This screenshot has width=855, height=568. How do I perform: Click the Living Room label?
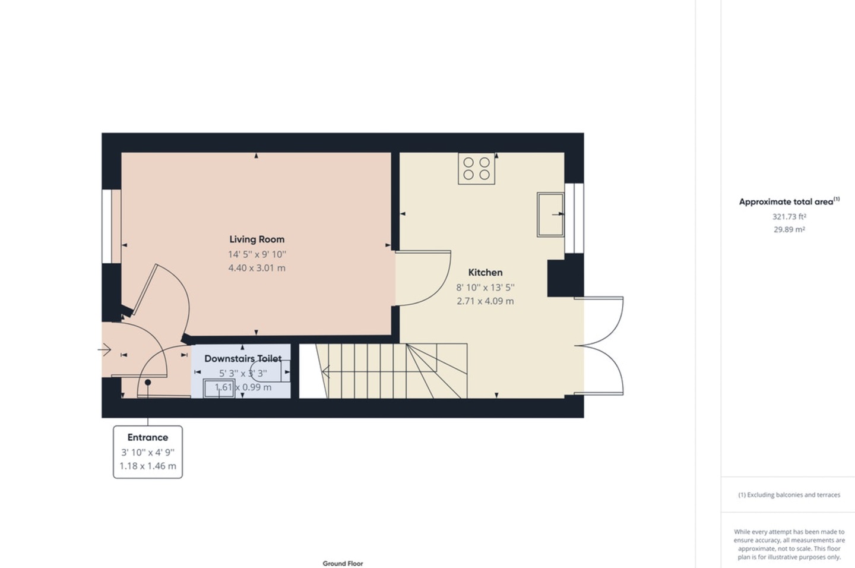pos(256,239)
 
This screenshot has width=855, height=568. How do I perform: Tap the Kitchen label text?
pos(485,273)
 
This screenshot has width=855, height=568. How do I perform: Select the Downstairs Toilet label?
pos(243,358)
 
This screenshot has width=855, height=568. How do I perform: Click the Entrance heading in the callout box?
pos(147,437)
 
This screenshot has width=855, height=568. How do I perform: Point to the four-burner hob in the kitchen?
pos(476,168)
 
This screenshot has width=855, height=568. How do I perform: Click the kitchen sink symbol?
pos(550,214)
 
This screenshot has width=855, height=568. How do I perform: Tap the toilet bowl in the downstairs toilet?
pos(268,371)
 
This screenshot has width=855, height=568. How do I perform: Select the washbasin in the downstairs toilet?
pos(218,389)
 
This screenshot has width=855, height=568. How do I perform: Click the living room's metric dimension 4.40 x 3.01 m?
pos(256,268)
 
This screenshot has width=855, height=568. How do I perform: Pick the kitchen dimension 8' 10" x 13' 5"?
pos(485,288)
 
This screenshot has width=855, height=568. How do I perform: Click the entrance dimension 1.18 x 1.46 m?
pos(147,466)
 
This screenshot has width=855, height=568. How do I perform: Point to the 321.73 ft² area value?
pos(789,217)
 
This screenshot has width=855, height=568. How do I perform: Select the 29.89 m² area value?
pos(789,230)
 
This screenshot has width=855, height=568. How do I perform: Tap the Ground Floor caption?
pos(343,563)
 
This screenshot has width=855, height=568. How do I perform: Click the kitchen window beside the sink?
pos(574,218)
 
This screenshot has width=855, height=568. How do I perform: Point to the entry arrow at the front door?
pos(104,350)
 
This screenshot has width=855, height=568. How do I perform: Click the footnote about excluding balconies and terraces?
pos(789,495)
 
